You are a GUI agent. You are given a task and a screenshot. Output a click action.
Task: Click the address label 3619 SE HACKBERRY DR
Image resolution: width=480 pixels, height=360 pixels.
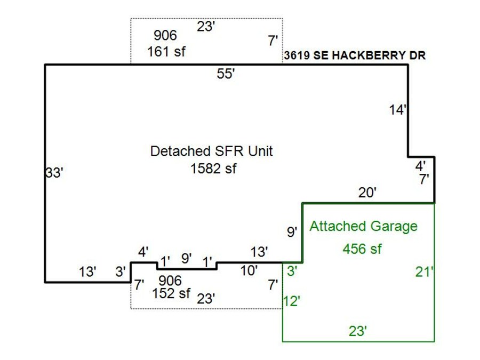point(355,56)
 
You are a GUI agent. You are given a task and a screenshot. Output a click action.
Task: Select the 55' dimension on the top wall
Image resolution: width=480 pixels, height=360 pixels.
point(226,74)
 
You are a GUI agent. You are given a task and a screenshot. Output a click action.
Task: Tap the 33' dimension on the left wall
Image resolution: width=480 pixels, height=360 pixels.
point(54,173)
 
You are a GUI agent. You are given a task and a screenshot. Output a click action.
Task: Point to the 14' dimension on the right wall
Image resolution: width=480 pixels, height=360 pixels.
point(398,110)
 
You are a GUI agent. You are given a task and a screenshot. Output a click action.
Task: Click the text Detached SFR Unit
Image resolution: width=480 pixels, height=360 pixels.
point(211,151)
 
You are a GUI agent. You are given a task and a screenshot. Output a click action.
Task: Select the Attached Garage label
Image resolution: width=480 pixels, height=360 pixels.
point(363,226)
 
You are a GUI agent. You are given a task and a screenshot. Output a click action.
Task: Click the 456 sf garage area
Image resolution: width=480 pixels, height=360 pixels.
point(362,249)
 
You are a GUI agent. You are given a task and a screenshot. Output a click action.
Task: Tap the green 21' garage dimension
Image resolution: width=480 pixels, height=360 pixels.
point(425,272)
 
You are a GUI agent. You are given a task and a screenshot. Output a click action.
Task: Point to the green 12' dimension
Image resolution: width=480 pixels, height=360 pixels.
point(292,301)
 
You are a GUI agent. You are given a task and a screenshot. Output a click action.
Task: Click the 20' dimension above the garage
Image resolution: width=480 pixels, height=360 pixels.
point(367,193)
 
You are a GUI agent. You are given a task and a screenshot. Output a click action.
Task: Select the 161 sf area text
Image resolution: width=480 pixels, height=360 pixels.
point(166,52)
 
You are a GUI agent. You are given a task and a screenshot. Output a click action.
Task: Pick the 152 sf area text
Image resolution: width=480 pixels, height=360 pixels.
point(171,293)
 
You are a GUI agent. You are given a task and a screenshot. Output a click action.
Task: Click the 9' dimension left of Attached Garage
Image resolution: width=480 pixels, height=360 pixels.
point(292,232)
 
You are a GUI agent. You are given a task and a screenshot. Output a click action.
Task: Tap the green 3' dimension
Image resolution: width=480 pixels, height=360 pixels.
point(291,271)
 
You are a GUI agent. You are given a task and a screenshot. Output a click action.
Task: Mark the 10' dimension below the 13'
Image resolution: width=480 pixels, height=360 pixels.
point(249,270)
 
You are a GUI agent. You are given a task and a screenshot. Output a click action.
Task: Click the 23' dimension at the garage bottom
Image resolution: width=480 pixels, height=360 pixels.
point(358,331)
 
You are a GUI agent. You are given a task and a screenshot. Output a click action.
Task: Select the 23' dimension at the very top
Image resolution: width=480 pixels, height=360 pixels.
point(206,27)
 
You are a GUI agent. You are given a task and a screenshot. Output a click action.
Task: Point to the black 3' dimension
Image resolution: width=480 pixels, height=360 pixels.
point(120,271)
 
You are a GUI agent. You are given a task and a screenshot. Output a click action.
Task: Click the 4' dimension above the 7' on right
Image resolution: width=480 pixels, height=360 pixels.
point(421,166)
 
